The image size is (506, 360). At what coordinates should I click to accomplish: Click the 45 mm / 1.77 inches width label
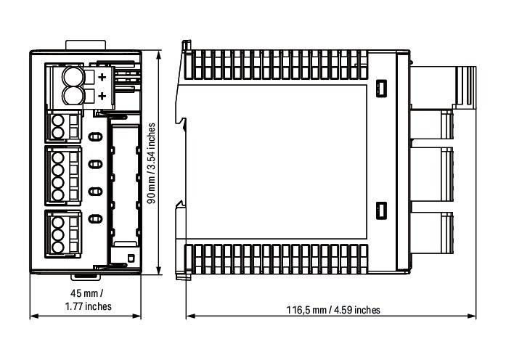pyautogui.click(x=88, y=300)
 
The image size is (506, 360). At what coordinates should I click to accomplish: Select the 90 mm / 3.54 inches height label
pyautogui.click(x=151, y=163)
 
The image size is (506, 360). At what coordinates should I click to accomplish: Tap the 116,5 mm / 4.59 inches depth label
pyautogui.click(x=333, y=310)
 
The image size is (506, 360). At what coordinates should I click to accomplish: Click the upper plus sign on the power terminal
pyautogui.click(x=102, y=77)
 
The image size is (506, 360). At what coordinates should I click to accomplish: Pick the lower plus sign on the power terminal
pyautogui.click(x=102, y=96)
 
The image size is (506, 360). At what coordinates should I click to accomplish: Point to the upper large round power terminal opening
pyautogui.click(x=73, y=77)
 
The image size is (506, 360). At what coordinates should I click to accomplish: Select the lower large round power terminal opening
pyautogui.click(x=73, y=96)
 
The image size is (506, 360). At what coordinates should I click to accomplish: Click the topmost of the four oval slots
pyautogui.click(x=95, y=137)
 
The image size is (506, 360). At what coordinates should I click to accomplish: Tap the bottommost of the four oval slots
pyautogui.click(x=95, y=219)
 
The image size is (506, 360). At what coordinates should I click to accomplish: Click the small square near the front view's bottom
pyautogui.click(x=131, y=258)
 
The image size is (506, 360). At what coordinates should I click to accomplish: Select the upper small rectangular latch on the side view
pyautogui.click(x=381, y=88)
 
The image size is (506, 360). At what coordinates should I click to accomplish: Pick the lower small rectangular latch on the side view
pyautogui.click(x=381, y=211)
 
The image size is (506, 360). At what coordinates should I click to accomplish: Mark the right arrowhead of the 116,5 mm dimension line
pyautogui.click(x=472, y=316)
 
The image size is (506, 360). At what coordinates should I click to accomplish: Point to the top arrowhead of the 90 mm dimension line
pyautogui.click(x=158, y=55)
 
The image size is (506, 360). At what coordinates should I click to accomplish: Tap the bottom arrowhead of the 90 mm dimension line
pyautogui.click(x=158, y=270)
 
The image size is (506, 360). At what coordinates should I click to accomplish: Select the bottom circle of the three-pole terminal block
pyautogui.click(x=58, y=247)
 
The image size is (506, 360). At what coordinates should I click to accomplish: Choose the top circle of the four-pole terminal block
pyautogui.click(x=58, y=158)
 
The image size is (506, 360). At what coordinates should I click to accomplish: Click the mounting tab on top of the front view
pyautogui.click(x=86, y=45)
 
